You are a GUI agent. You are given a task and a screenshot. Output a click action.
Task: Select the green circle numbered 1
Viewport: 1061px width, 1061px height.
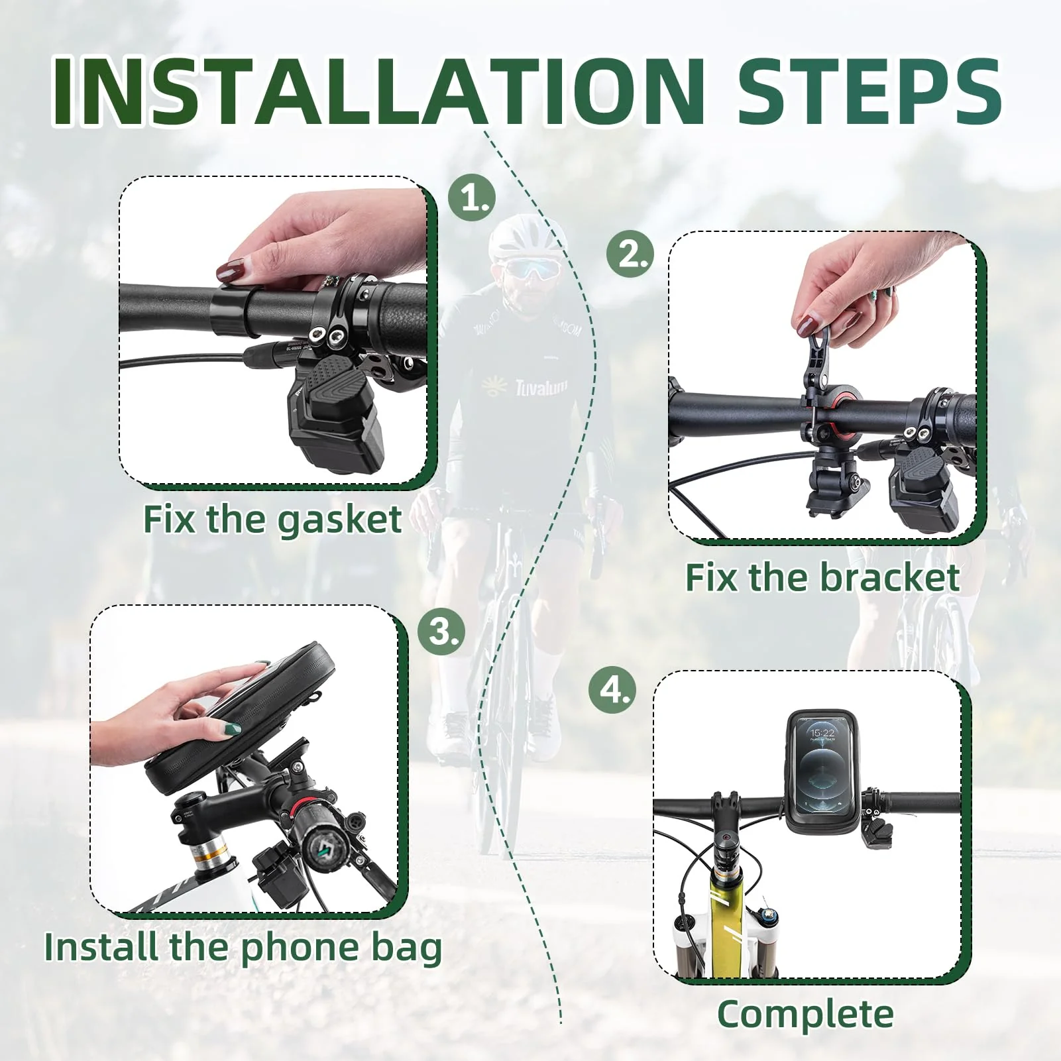click(472, 197)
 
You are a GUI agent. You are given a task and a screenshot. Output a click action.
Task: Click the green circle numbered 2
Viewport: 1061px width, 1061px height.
click(630, 254)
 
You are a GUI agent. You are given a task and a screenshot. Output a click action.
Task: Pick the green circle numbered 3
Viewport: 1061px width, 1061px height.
click(441, 631)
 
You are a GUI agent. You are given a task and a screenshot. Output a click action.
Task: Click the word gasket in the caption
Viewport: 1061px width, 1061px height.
click(339, 520)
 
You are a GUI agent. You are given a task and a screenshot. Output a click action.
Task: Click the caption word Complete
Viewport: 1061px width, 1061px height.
click(805, 1014)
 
